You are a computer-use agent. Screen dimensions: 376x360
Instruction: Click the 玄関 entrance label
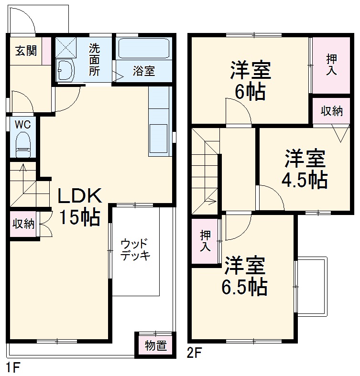point(25,51)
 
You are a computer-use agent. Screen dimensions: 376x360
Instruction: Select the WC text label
point(22,124)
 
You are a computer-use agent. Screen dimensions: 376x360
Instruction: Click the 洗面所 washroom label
point(94,59)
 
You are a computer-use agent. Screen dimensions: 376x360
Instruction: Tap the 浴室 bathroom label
point(143,72)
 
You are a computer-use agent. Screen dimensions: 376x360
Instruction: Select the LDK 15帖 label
point(79,206)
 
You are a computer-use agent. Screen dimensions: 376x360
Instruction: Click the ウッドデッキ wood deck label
point(135,248)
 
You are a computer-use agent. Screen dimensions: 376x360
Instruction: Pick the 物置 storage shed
point(155,345)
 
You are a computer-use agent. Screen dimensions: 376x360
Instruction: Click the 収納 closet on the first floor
point(23,223)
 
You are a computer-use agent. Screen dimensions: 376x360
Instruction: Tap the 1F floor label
point(13,368)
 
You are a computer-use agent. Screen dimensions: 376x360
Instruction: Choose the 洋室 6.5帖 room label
point(244,276)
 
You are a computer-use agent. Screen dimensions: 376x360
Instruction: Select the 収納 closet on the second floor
point(331,111)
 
